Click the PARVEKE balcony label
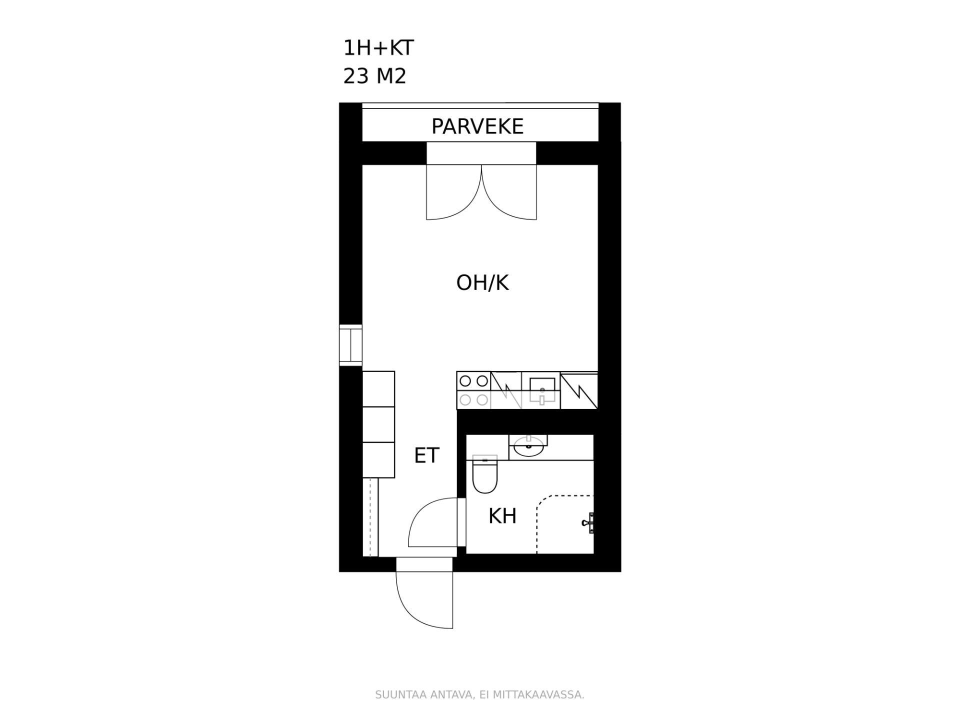click(x=477, y=126)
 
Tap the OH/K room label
click(x=482, y=283)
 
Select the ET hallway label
click(x=426, y=455)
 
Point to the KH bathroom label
click(x=502, y=516)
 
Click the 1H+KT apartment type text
click(x=378, y=48)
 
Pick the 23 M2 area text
click(x=374, y=76)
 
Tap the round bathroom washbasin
click(x=528, y=446)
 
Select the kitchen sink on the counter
click(x=542, y=390)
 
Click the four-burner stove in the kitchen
click(x=473, y=390)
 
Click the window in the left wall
click(x=350, y=344)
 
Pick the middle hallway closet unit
click(x=378, y=424)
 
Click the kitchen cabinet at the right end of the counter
click(x=579, y=390)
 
